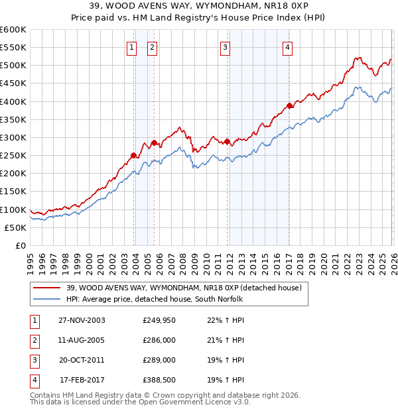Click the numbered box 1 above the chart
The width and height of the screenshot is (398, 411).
click(x=131, y=47)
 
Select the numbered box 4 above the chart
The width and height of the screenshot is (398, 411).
click(x=287, y=47)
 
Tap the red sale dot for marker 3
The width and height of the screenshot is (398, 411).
click(x=227, y=141)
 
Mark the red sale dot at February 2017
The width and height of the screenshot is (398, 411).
click(x=289, y=105)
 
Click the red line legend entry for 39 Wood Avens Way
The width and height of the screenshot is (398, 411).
click(x=184, y=288)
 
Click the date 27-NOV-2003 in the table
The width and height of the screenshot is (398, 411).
click(x=82, y=320)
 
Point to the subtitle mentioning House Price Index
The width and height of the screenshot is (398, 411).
click(x=199, y=19)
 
